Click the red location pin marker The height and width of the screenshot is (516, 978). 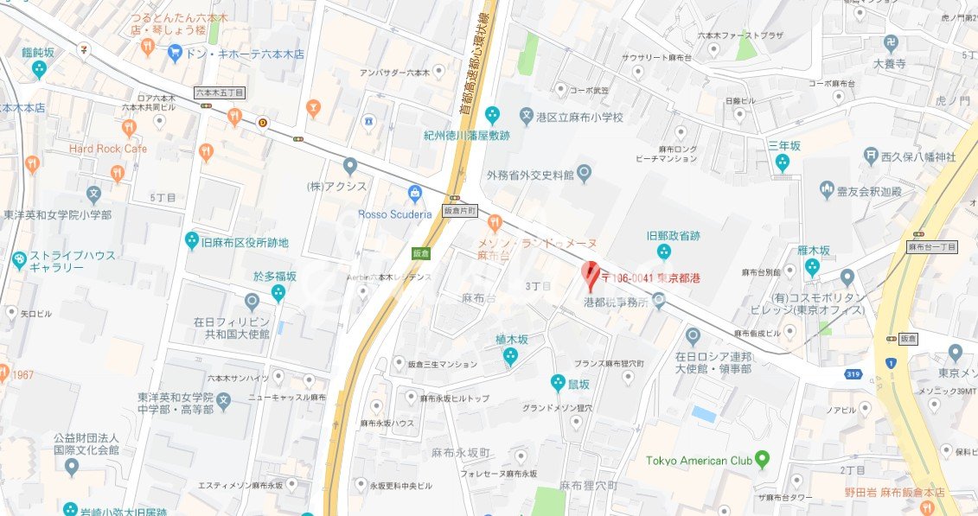[x=591, y=274]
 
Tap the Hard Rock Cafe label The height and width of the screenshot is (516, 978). [x=108, y=149]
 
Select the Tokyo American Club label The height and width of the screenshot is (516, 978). [x=699, y=460]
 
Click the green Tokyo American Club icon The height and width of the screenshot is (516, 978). [x=762, y=459]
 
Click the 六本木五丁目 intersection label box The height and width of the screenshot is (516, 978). [x=220, y=92]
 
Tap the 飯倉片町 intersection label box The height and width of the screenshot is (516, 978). [x=460, y=210]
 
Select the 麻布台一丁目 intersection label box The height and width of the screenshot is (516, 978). [x=932, y=247]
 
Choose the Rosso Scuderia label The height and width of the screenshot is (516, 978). [x=394, y=213]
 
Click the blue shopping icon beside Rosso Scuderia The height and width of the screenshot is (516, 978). [x=416, y=193]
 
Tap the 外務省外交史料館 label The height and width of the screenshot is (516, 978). [x=530, y=175]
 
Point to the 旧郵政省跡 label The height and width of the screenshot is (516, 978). [x=672, y=233]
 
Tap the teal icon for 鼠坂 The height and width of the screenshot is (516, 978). [x=559, y=382]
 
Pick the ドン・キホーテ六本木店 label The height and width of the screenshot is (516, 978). [x=249, y=54]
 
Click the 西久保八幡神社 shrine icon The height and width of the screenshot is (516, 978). [x=871, y=156]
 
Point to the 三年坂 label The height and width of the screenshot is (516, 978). [x=784, y=145]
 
